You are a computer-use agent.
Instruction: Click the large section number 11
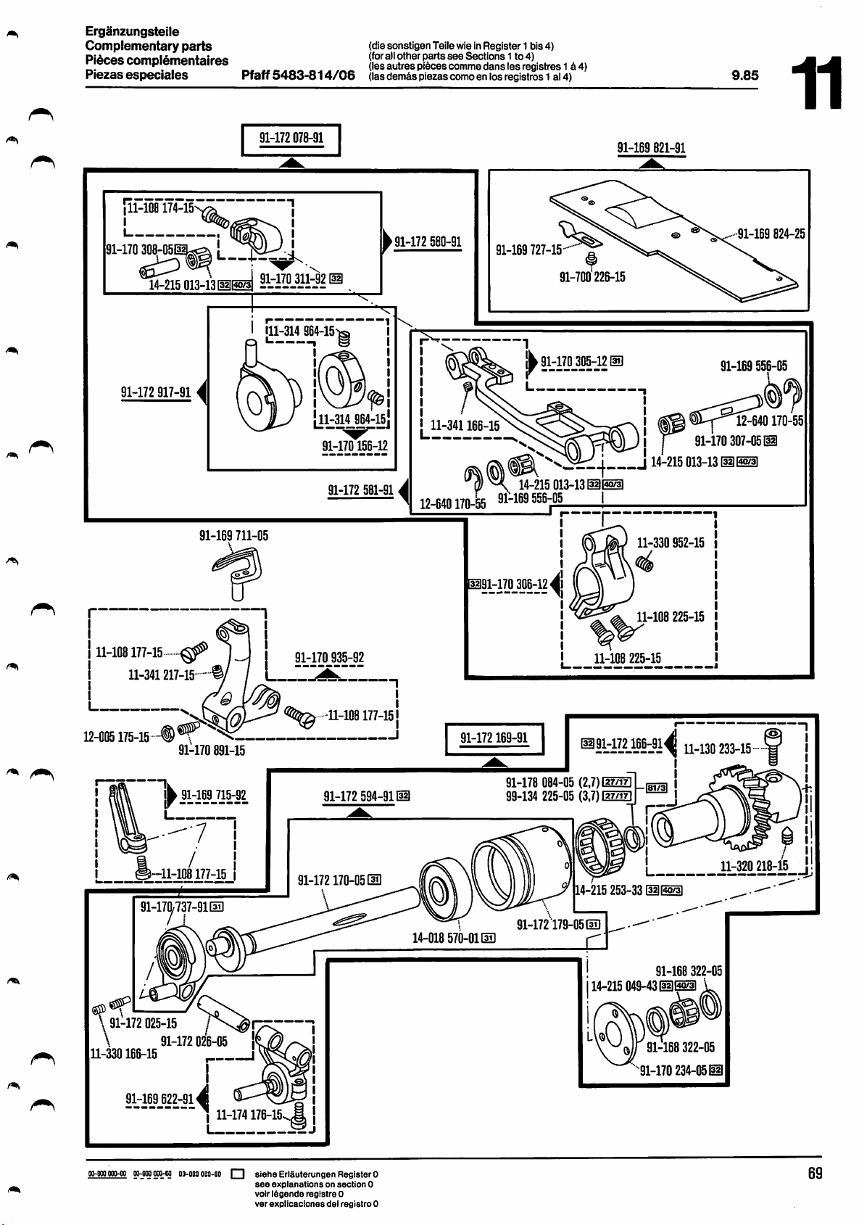817,83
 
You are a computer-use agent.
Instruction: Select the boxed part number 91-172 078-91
291,139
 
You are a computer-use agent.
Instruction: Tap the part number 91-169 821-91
651,148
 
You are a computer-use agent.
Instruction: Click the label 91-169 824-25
771,234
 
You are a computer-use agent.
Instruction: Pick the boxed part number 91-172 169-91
494,739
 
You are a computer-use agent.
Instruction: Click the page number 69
815,1173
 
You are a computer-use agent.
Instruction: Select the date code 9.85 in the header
745,75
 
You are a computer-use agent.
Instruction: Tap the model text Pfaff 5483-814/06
299,75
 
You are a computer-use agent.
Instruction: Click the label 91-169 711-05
233,536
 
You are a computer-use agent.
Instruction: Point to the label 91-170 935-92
329,658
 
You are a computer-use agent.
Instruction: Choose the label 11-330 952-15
671,543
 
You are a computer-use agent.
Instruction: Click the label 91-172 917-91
156,393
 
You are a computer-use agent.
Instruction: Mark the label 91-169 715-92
214,795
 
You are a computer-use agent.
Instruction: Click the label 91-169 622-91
159,1098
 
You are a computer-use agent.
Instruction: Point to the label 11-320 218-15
754,866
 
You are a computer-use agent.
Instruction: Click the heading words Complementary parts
149,46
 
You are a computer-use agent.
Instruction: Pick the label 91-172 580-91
428,242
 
